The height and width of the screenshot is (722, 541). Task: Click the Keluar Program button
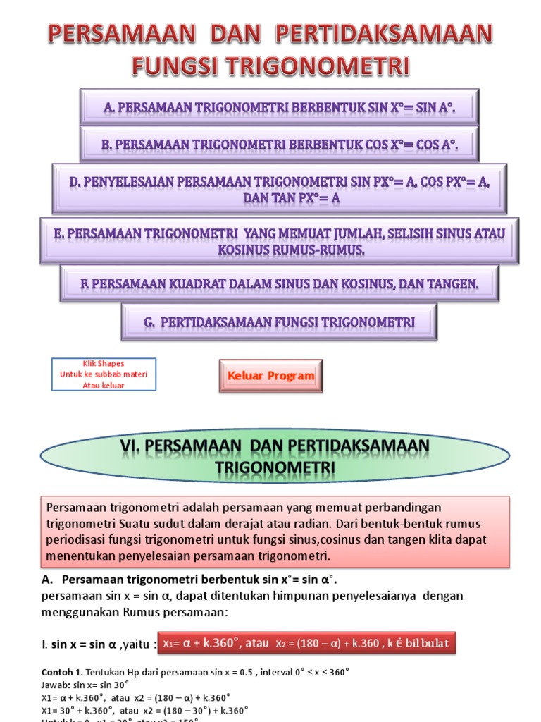pos(271,376)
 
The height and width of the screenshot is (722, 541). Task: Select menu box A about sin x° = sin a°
pos(280,107)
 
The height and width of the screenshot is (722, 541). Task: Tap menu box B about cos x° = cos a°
pos(280,145)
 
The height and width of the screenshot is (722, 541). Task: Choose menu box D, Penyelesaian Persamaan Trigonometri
pos(280,189)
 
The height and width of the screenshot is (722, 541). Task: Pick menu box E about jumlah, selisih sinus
pos(280,240)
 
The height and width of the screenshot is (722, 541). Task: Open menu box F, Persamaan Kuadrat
pos(280,283)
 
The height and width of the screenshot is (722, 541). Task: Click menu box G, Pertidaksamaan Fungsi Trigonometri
pos(280,322)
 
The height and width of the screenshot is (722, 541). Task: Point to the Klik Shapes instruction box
pos(104,374)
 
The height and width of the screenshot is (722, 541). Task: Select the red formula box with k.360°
pos(306,643)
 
